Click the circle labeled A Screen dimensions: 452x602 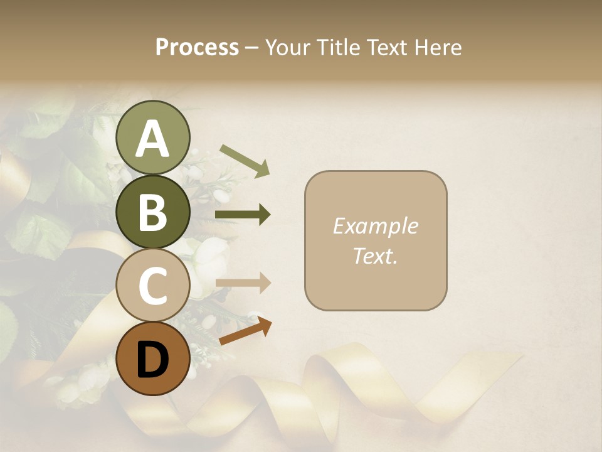click(x=152, y=138)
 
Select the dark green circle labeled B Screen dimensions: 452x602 click(x=152, y=212)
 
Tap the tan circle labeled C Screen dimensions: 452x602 click(x=152, y=285)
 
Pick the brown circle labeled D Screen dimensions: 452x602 click(x=152, y=358)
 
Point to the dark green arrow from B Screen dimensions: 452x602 click(x=243, y=215)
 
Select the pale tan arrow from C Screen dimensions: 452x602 click(x=243, y=283)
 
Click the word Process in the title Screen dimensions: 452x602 click(x=197, y=48)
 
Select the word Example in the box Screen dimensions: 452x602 click(x=376, y=226)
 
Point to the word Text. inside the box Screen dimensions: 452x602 click(x=376, y=256)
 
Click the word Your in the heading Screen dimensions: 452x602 click(x=288, y=48)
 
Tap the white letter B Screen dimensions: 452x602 click(x=152, y=212)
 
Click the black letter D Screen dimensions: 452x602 click(x=152, y=359)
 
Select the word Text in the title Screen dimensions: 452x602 click(x=388, y=48)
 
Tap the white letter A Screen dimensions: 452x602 click(x=152, y=139)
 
